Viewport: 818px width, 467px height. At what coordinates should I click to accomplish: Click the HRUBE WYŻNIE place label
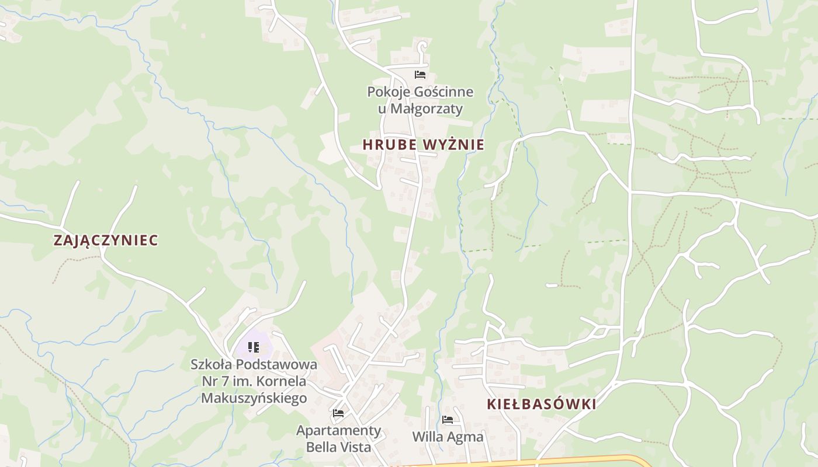423,144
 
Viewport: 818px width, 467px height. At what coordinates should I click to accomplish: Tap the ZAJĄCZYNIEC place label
106,240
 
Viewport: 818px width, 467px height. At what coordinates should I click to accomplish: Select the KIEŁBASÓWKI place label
541,404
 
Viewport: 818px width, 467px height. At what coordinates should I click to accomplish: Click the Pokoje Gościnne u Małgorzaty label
420,100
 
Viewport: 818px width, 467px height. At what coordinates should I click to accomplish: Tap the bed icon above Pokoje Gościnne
420,75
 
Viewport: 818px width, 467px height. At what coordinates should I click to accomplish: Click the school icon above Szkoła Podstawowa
253,347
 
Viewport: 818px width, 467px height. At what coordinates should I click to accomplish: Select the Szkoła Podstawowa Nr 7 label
254,381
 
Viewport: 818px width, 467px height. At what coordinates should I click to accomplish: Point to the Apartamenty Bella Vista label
338,438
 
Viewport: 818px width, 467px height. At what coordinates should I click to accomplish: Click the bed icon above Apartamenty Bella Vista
338,413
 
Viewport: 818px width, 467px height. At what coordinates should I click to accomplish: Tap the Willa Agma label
448,437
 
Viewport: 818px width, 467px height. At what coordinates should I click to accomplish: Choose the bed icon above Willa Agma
448,419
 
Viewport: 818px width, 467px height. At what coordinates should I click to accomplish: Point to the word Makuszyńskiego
254,398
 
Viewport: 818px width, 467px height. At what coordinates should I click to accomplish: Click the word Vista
353,447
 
